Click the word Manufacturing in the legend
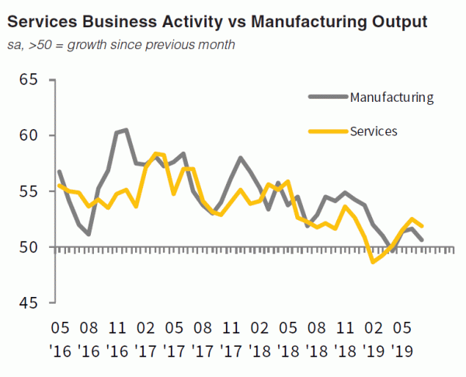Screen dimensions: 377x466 coord(391,98)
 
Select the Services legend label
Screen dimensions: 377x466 coord(374,131)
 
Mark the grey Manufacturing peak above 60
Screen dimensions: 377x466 coord(125,130)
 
